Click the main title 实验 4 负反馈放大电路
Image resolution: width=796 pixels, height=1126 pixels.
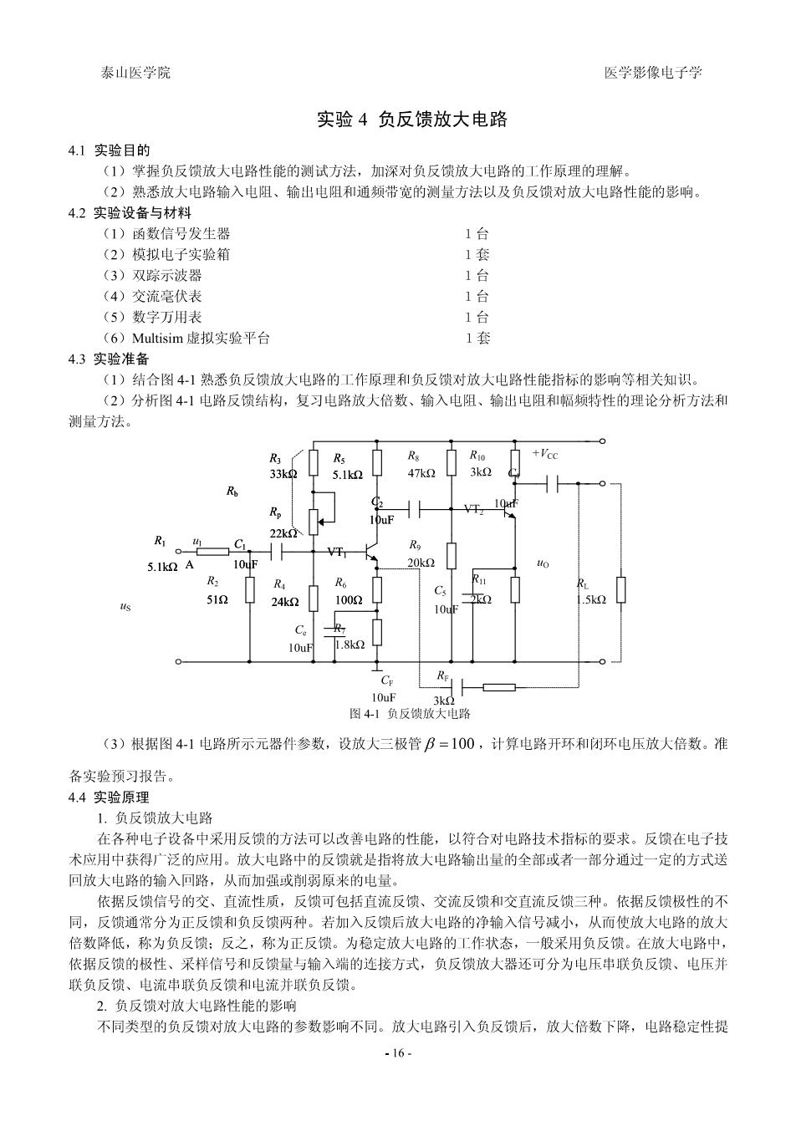[x=412, y=120]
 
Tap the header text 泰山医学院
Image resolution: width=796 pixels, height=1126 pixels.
[x=135, y=73]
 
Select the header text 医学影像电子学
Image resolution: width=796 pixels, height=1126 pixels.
[x=653, y=73]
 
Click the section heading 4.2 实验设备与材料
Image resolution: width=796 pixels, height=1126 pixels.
[x=130, y=212]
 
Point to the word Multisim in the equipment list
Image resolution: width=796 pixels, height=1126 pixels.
[x=157, y=338]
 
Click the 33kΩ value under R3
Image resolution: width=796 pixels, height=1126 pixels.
[x=283, y=473]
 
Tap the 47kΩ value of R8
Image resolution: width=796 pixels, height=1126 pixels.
[x=421, y=473]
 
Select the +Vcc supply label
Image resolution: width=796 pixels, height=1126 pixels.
[x=545, y=454]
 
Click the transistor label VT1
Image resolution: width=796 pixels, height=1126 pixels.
[x=338, y=552]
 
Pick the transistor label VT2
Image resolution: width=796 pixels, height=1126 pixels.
[x=474, y=509]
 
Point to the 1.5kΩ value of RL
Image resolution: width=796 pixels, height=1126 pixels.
[x=591, y=599]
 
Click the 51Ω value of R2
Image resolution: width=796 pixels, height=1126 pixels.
[x=217, y=599]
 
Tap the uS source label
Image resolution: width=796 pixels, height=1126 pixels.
[x=125, y=607]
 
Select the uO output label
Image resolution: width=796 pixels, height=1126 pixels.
[x=543, y=563]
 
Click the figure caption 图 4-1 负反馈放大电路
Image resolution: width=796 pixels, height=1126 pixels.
[x=410, y=713]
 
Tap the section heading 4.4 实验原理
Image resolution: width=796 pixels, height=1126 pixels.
[x=109, y=797]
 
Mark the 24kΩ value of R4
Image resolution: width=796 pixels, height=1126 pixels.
[x=285, y=602]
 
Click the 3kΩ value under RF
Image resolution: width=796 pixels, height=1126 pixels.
[x=444, y=701]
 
